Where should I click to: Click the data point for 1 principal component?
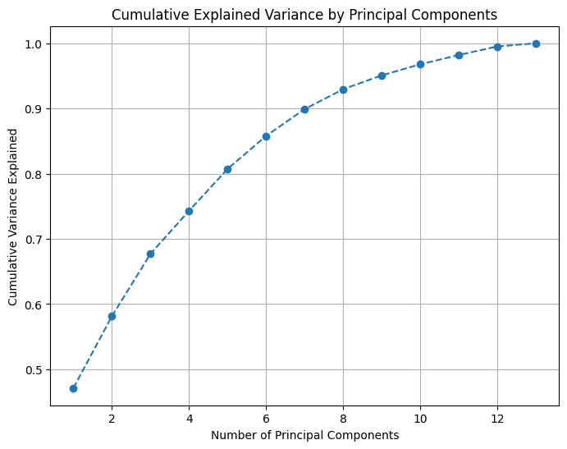click(73, 388)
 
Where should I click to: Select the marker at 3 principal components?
click(150, 254)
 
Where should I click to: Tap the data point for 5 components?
click(227, 169)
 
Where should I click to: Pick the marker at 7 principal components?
click(304, 109)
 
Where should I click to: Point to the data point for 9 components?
click(382, 76)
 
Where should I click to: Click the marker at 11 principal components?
click(459, 55)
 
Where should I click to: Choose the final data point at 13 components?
click(536, 44)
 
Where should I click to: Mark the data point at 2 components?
click(112, 316)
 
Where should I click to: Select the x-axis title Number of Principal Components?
click(304, 435)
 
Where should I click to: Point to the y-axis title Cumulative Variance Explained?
click(13, 223)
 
